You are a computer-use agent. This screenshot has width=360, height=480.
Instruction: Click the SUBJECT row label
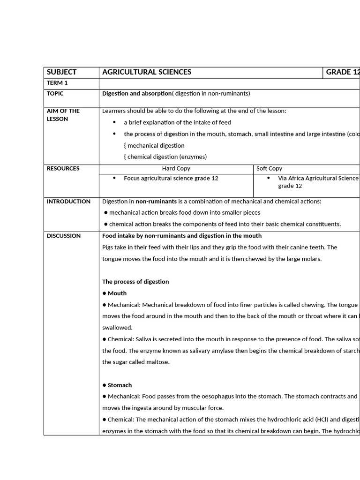61,72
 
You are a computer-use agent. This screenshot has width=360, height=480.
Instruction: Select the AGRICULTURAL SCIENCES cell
147,72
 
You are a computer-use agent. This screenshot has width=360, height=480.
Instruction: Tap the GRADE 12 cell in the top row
343,72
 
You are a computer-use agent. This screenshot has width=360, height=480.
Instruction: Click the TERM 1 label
57,83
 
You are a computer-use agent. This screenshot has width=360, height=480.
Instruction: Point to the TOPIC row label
55,93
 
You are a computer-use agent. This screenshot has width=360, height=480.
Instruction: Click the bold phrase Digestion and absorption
137,93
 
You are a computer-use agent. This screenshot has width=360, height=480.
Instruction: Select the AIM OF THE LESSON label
63,115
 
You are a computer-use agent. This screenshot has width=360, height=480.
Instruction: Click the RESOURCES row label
63,168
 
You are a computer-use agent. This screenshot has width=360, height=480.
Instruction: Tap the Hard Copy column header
176,168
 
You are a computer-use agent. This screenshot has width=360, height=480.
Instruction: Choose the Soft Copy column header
269,168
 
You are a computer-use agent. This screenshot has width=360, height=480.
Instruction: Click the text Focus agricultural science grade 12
171,178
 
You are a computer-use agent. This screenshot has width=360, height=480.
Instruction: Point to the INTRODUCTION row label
68,202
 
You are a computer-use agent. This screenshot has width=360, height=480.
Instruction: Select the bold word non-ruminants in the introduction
156,202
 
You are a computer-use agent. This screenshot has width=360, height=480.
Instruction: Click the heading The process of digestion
135,282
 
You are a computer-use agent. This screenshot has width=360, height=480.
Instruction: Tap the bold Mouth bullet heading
117,293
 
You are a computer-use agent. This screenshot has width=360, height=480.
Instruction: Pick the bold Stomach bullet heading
120,385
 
